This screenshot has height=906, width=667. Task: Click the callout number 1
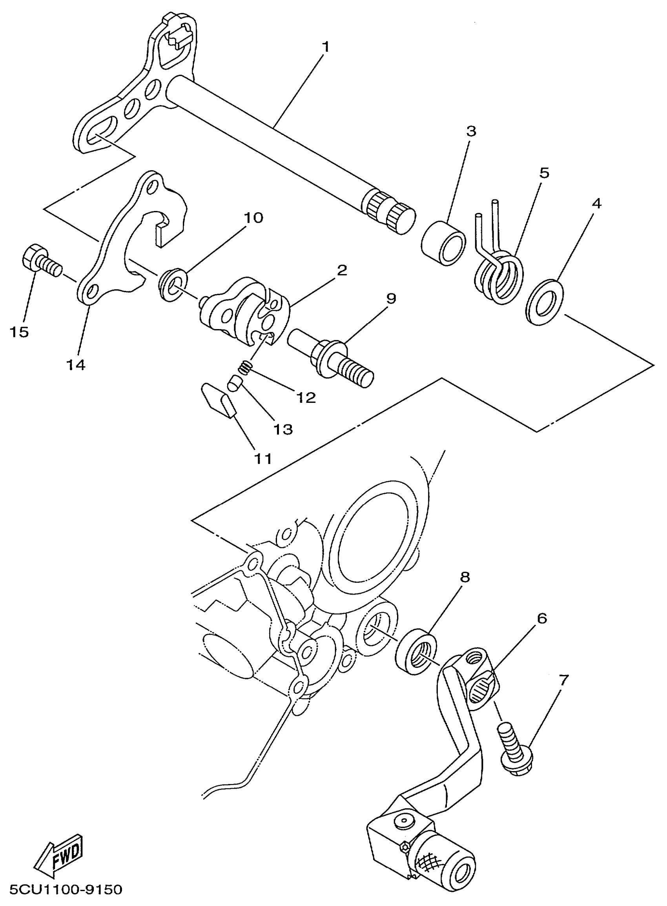point(325,47)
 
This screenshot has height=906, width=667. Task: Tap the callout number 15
point(19,332)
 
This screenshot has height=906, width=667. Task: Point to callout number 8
point(465,577)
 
